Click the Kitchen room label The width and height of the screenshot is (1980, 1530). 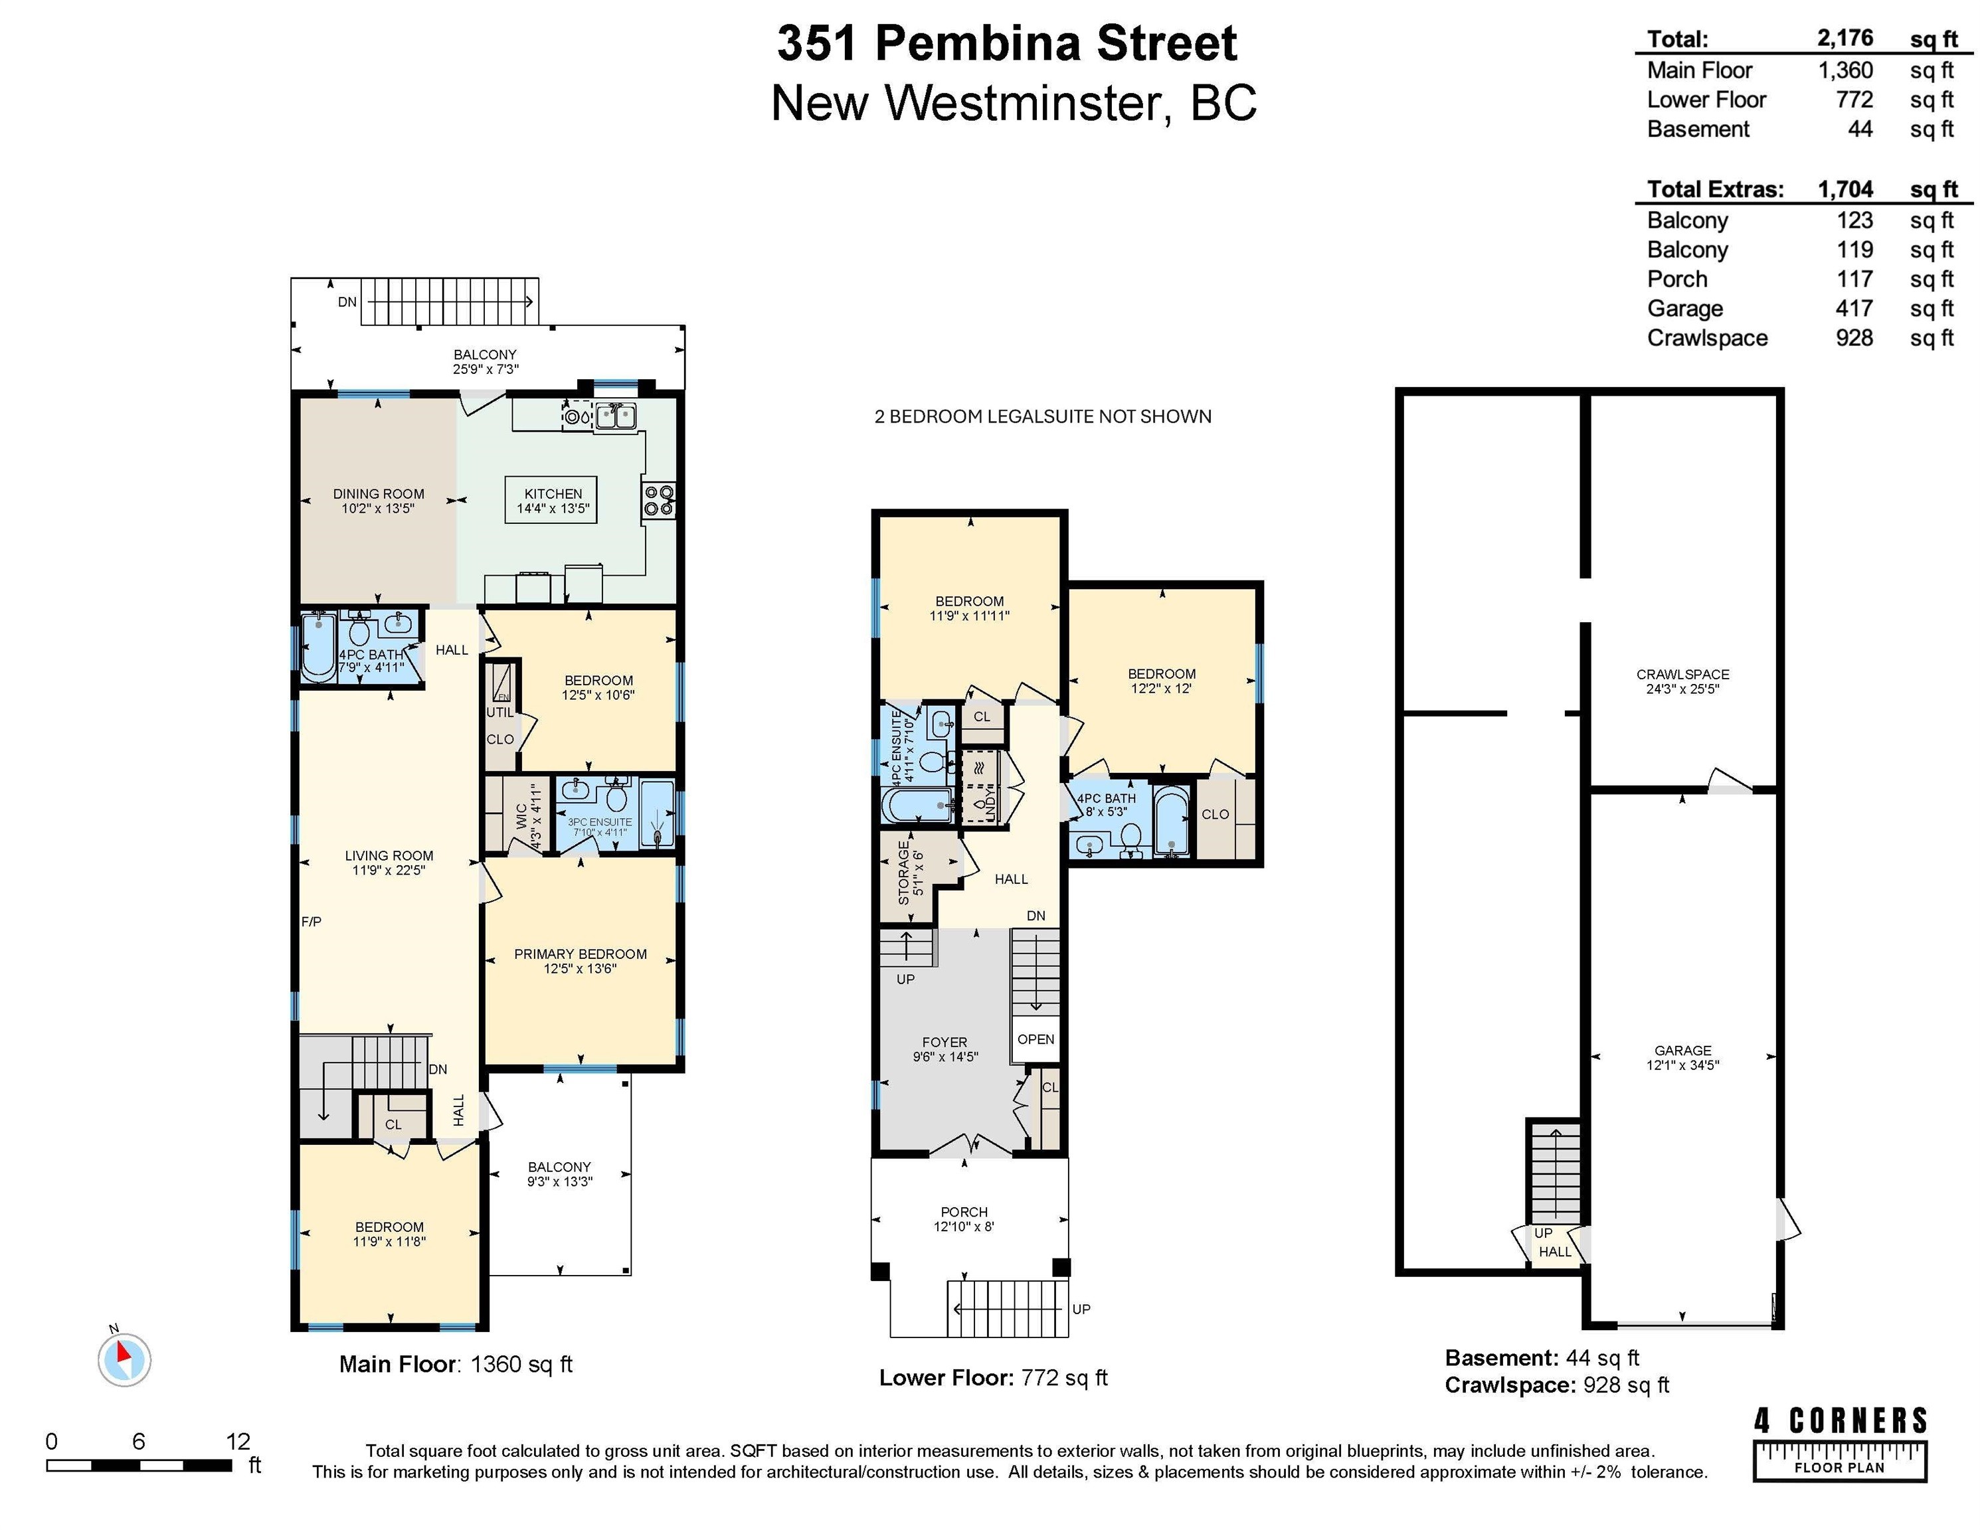(553, 500)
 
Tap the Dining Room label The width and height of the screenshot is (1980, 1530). (378, 500)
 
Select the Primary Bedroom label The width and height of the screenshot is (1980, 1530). (581, 961)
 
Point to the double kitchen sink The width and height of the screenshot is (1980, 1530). (616, 417)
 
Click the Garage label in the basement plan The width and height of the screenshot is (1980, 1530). (1682, 1058)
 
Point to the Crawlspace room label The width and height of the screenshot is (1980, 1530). (1682, 681)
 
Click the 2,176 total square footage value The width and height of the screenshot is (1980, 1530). (1845, 38)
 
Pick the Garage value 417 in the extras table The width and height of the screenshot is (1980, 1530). (1854, 308)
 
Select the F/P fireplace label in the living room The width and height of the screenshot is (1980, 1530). (311, 922)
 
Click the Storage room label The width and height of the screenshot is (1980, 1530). (910, 873)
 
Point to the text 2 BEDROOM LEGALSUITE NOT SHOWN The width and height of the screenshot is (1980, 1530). (1043, 416)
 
